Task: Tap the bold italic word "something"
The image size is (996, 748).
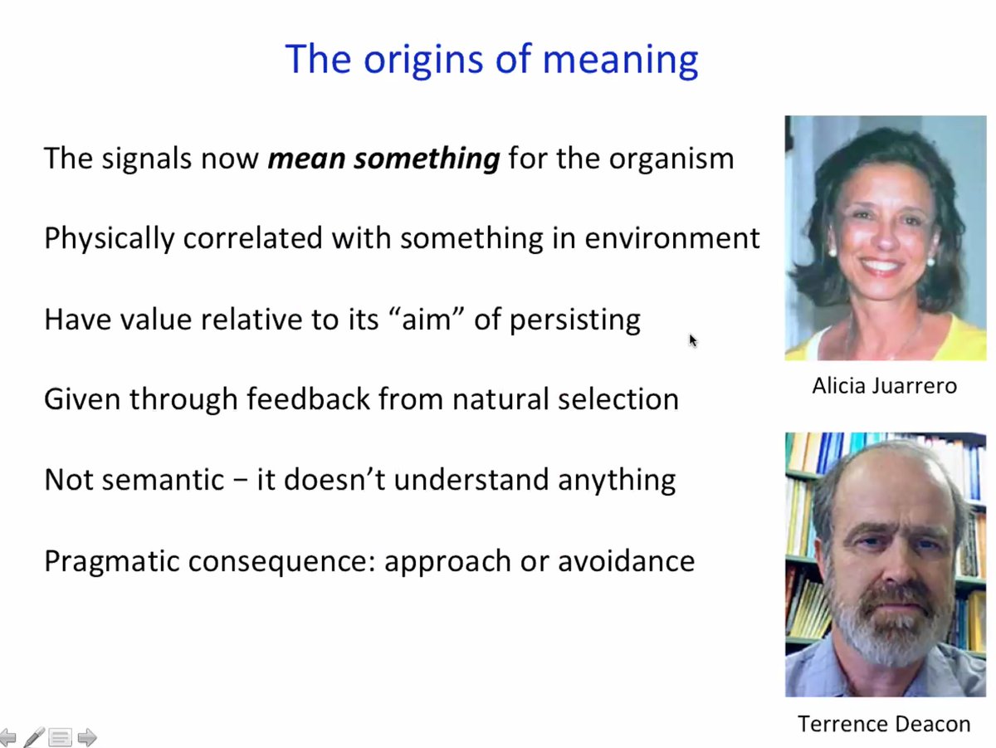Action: click(427, 159)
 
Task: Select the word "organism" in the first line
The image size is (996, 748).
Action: click(671, 159)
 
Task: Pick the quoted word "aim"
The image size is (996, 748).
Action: click(427, 319)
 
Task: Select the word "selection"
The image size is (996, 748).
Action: click(618, 399)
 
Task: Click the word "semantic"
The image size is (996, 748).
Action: click(163, 480)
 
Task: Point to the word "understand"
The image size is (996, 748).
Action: click(471, 480)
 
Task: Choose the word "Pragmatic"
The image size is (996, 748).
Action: click(111, 562)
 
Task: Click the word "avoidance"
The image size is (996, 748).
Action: click(626, 561)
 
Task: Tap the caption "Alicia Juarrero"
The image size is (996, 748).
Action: click(885, 386)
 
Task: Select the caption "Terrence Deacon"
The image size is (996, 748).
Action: click(884, 723)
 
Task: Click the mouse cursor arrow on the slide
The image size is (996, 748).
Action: click(692, 340)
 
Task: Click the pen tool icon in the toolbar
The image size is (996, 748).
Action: click(34, 736)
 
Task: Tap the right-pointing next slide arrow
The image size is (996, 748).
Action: click(86, 737)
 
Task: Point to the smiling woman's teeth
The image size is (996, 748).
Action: click(880, 265)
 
